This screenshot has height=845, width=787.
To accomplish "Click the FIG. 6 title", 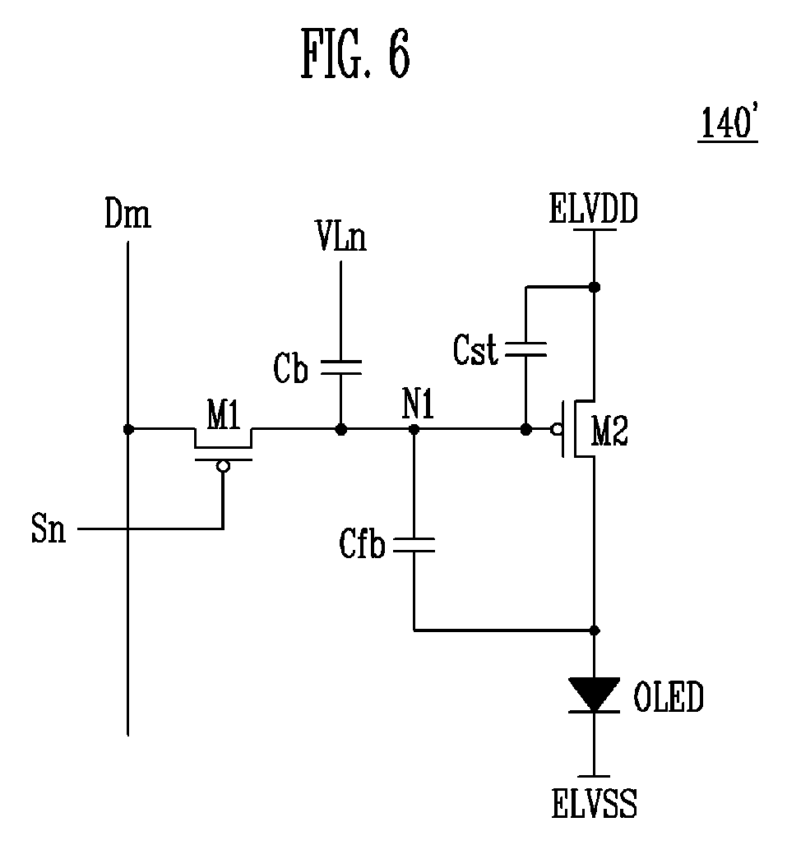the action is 355,54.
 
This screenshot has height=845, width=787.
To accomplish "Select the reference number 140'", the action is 729,123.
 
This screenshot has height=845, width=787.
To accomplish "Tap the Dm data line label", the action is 127,214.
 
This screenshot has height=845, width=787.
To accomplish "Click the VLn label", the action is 341,236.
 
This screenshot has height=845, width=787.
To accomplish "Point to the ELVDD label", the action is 594,209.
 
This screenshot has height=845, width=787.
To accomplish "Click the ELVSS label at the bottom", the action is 594,803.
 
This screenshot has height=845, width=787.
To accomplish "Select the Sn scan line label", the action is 49,528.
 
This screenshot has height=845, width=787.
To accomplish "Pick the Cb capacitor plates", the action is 340,367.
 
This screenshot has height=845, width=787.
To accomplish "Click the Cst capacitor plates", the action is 525,349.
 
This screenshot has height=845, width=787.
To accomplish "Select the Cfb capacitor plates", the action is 414,545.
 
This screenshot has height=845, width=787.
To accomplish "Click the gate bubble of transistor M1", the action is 223,466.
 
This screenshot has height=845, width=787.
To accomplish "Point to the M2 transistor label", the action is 609,432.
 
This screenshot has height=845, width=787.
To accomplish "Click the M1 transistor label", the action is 224,414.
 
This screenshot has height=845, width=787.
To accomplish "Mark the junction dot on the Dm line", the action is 128,429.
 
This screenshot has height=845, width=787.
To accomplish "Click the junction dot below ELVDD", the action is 594,287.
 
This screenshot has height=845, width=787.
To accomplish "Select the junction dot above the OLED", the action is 594,630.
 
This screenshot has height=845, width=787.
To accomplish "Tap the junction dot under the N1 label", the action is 414,429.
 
